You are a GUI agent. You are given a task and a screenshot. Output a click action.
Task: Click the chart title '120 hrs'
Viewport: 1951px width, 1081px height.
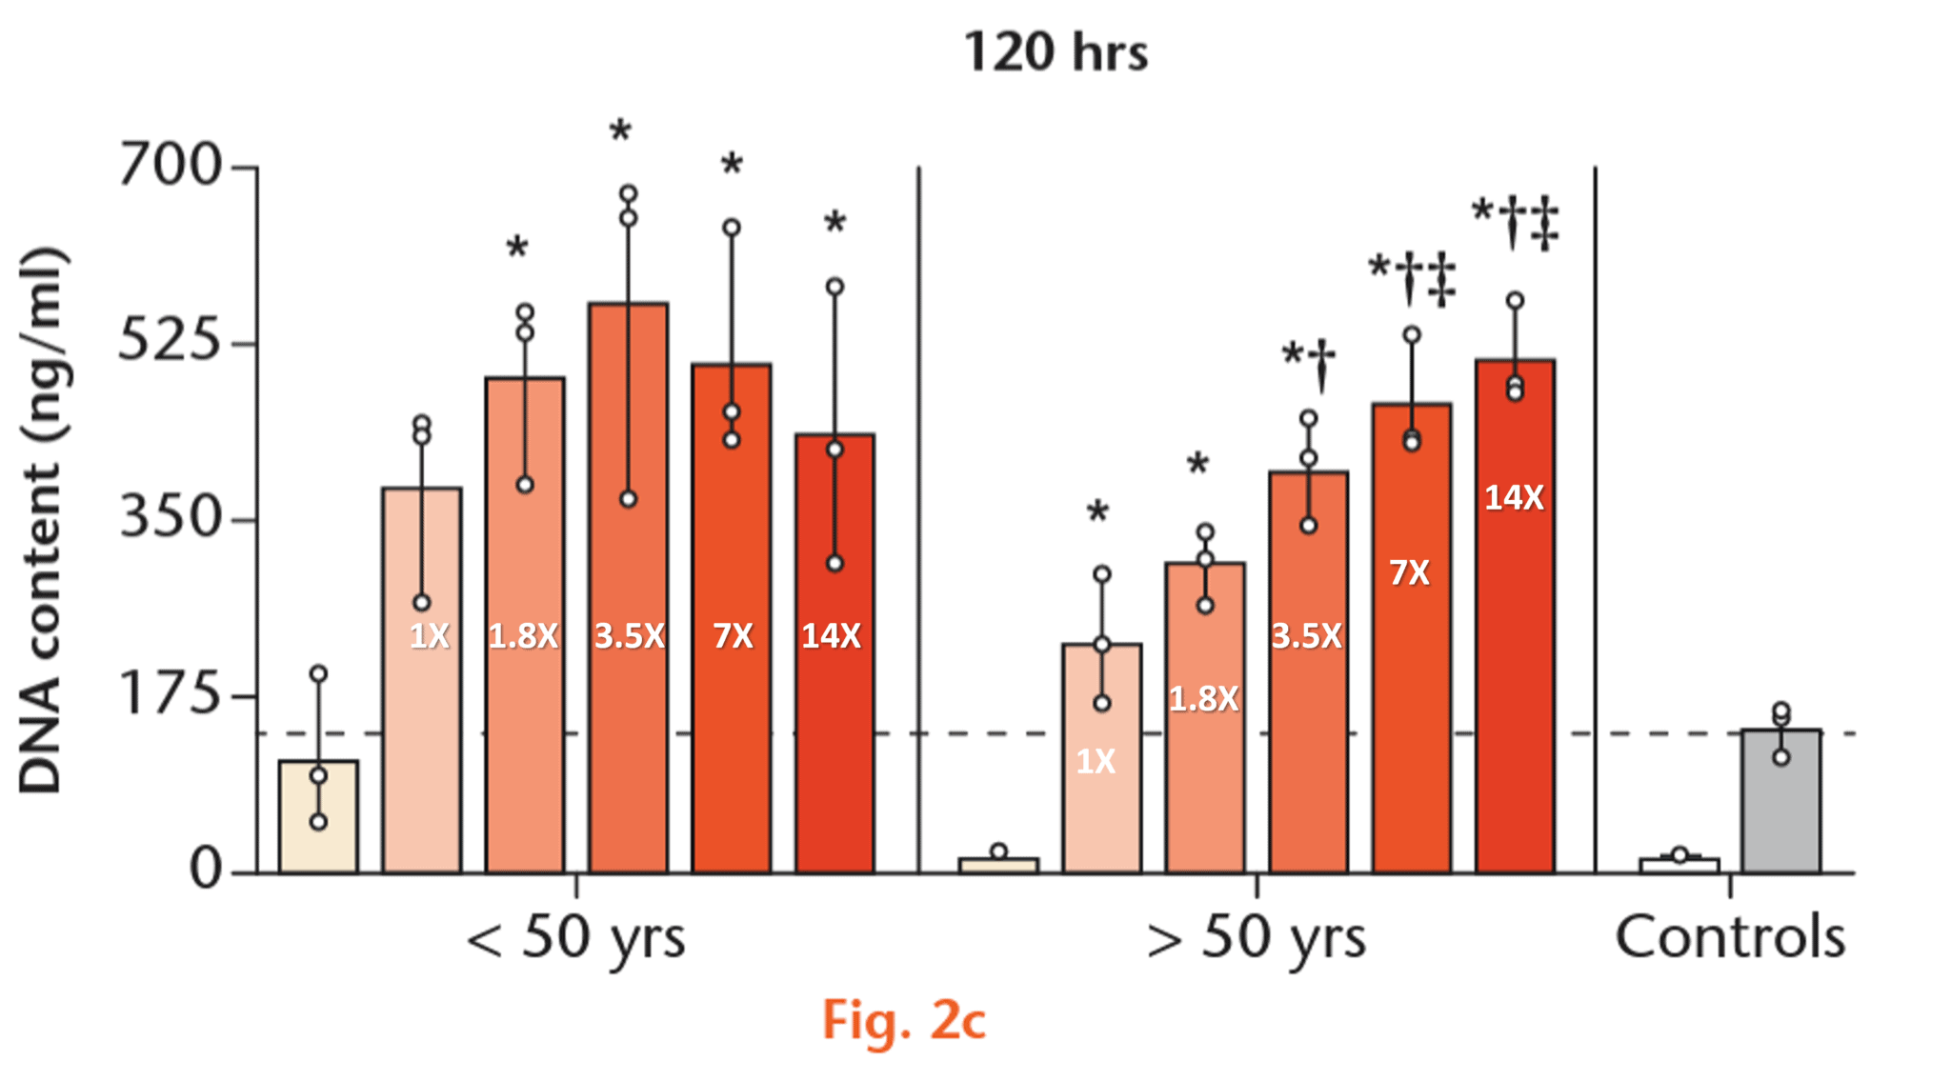click(1056, 51)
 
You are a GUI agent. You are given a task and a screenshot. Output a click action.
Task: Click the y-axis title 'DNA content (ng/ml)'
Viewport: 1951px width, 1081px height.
click(42, 519)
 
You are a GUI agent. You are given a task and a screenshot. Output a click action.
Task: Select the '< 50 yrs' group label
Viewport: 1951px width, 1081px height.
click(575, 937)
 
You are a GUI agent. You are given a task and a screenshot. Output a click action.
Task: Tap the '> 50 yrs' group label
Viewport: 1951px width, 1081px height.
click(1256, 937)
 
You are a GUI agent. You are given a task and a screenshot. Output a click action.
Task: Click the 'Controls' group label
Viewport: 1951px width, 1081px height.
click(1730, 937)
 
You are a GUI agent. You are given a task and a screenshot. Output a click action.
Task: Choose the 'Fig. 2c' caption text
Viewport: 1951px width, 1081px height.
click(903, 1021)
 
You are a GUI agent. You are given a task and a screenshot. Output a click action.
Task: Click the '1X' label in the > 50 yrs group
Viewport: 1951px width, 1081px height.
click(1096, 761)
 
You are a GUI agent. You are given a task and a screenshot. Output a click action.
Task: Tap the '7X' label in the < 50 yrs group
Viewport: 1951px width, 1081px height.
click(733, 635)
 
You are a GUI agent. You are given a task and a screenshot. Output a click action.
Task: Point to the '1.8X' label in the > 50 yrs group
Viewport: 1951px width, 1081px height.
click(1204, 699)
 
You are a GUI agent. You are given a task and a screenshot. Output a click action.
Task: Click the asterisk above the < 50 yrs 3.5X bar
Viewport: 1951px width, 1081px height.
click(621, 131)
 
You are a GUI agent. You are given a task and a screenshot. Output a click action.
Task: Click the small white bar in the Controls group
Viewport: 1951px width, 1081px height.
click(1679, 865)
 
